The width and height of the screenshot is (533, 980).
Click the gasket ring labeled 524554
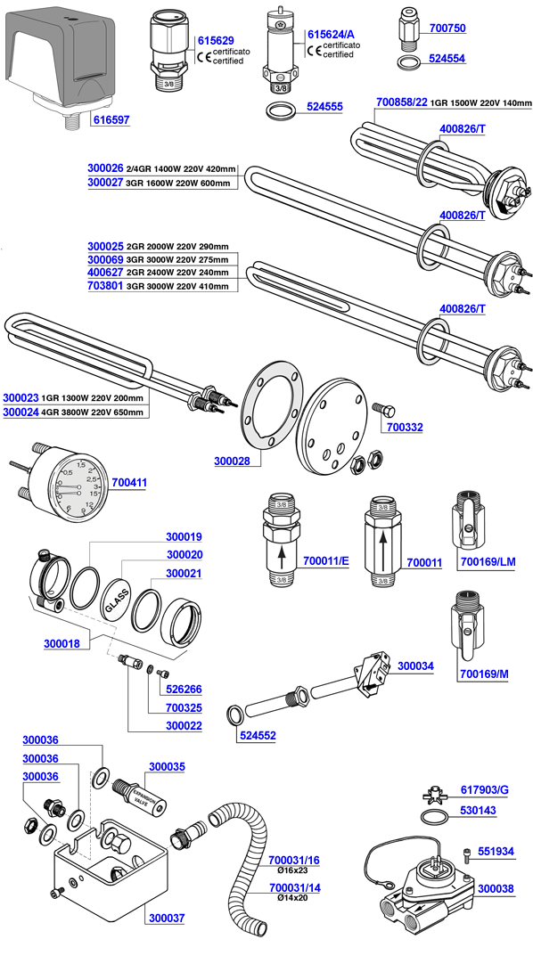click(x=407, y=65)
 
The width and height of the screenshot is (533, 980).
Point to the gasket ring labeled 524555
click(x=279, y=111)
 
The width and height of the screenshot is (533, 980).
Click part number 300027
click(x=105, y=183)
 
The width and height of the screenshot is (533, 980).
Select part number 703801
click(x=105, y=286)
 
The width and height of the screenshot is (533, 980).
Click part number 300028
click(x=233, y=461)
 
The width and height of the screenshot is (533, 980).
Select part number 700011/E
click(x=327, y=562)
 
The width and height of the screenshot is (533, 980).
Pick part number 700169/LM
click(x=486, y=562)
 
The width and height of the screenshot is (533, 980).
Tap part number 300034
click(x=415, y=666)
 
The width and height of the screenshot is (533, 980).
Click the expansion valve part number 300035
click(x=167, y=766)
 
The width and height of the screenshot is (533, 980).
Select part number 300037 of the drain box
click(x=166, y=916)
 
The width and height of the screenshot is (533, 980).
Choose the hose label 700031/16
click(x=293, y=861)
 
